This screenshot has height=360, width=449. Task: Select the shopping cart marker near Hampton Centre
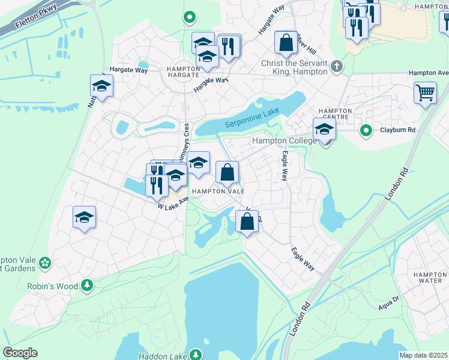(425, 94)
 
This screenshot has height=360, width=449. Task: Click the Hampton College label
(283, 140)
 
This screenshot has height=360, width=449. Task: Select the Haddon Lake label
(163, 356)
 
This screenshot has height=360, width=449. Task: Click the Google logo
(20, 353)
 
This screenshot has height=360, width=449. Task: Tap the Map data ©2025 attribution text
(424, 355)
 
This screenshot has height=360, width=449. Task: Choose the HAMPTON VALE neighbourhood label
(218, 191)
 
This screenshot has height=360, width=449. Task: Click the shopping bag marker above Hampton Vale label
(227, 173)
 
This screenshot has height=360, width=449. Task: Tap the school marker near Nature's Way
(101, 86)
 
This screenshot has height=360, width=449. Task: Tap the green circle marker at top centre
(190, 18)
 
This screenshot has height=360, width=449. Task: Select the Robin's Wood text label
(52, 286)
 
